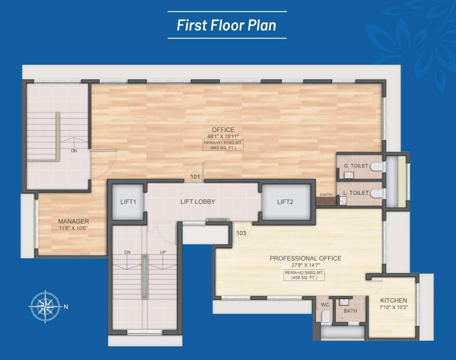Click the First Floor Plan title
[x=227, y=25]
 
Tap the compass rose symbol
[x=44, y=307]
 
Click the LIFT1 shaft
[x=128, y=202]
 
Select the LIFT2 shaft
[x=285, y=202]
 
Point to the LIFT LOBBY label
[x=198, y=202]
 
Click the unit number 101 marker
[x=195, y=177]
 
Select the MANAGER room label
[x=74, y=221]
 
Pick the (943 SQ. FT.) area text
[x=223, y=148]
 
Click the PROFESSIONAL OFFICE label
[x=305, y=258]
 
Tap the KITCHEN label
[x=393, y=300]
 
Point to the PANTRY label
[x=327, y=195]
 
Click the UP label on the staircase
[x=163, y=252]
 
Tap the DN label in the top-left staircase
[x=74, y=151]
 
